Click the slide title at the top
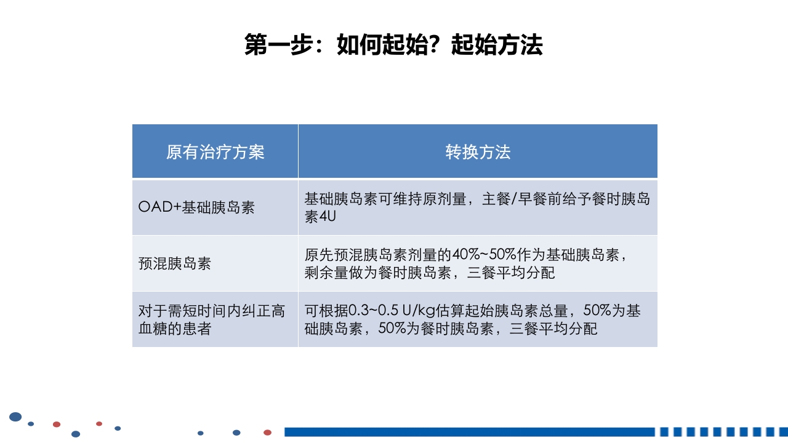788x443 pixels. coord(393,46)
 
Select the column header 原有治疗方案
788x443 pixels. coord(215,152)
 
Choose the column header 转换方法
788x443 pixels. coord(478,152)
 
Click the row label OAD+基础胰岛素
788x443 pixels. coord(196,207)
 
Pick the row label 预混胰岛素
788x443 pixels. coord(175,263)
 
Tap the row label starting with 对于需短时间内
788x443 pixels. coord(212,311)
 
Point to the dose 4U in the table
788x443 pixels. coord(327,217)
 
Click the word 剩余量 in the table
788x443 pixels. coord(326,273)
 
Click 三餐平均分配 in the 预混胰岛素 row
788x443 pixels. coord(511,273)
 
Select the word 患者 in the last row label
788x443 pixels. coord(197,329)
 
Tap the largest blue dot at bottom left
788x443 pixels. coord(15,417)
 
